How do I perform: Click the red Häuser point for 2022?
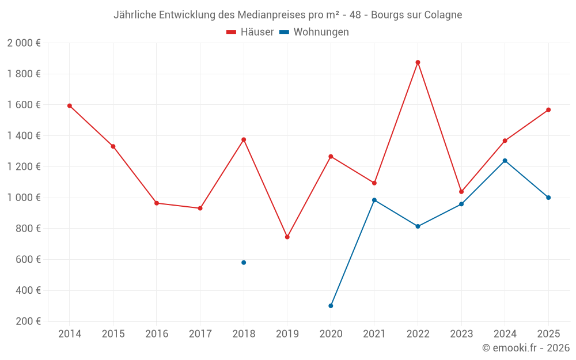point(418,62)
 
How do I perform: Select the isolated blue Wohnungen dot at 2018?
point(244,263)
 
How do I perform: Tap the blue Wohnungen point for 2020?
point(331,306)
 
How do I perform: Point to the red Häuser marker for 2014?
point(70,106)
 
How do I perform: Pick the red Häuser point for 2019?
point(287,237)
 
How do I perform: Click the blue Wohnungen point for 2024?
point(505,161)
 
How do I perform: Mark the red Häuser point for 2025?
point(548,110)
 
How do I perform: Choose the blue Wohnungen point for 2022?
point(418,226)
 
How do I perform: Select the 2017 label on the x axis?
point(200,334)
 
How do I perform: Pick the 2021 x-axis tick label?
point(374,334)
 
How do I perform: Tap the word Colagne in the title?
point(444,15)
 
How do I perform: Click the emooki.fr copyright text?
point(526,348)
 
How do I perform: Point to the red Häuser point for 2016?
point(157,203)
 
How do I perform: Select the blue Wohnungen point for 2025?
point(548,198)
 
